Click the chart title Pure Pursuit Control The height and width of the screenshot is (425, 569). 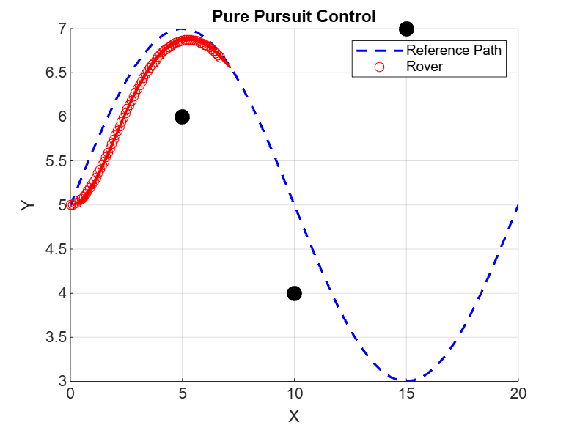(293, 15)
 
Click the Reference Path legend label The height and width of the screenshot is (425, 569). (454, 51)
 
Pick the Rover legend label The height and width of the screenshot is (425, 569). (425, 67)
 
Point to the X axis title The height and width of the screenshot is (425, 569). (294, 415)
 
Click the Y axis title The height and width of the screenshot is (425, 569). (28, 205)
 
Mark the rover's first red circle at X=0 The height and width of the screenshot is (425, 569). (70, 204)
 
